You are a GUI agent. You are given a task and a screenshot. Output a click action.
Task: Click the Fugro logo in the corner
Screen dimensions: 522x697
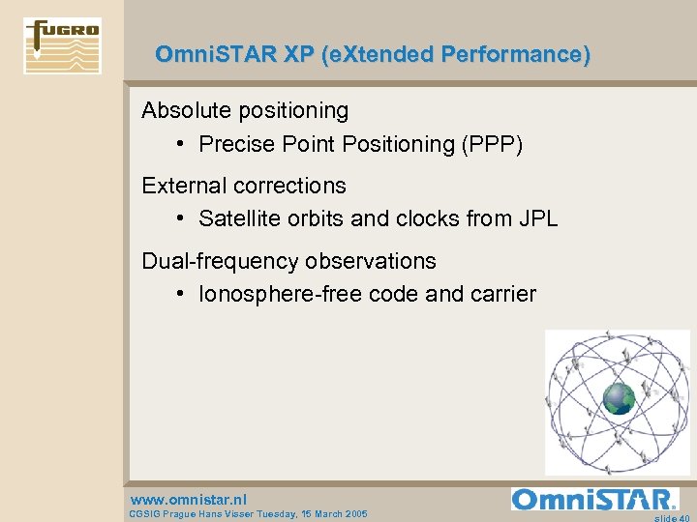62,45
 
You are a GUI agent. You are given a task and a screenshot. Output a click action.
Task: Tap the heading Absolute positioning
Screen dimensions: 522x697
245,110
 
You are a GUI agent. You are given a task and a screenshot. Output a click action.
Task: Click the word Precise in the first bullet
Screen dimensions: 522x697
233,144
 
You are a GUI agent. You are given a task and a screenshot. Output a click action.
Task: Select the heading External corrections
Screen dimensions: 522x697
244,185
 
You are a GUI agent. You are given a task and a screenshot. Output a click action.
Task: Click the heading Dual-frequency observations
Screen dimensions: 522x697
288,261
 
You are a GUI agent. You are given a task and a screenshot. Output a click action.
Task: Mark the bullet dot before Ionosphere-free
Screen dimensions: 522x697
182,294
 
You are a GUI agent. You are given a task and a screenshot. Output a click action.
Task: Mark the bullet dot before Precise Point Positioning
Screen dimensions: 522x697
182,144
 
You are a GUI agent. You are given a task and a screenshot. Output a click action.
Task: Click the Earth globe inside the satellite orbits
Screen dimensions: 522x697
619,398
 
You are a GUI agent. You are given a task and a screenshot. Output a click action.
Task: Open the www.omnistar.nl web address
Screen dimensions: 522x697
188,499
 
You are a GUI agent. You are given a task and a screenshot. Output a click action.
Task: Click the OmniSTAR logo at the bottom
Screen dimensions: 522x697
594,499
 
